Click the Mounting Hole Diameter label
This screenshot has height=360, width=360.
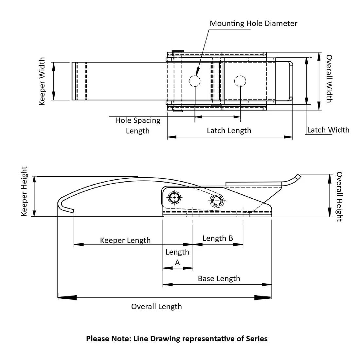pos(253,24)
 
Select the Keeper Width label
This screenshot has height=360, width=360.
pos(42,81)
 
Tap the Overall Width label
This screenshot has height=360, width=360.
pos(329,79)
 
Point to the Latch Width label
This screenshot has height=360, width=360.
pos(328,130)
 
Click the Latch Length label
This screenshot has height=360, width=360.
pos(229,131)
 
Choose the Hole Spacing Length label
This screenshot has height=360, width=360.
pos(138,125)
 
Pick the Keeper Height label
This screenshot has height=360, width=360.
pos(24,191)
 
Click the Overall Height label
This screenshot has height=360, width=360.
pos(339,196)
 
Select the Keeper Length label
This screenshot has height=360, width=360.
pos(125,240)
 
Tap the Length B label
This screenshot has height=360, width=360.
pos(218,238)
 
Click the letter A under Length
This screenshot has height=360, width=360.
pos(177,262)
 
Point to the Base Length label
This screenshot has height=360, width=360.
pos(219,279)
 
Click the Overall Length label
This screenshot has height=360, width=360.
pos(156,307)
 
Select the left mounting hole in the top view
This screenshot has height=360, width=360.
pos(194,81)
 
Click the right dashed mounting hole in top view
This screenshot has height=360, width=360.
pos(240,81)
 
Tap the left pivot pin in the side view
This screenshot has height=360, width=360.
pos(174,197)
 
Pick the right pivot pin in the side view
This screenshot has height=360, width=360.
pos(217,200)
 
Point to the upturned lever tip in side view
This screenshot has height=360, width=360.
pos(296,177)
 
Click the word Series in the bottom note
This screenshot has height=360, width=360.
pos(257,338)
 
